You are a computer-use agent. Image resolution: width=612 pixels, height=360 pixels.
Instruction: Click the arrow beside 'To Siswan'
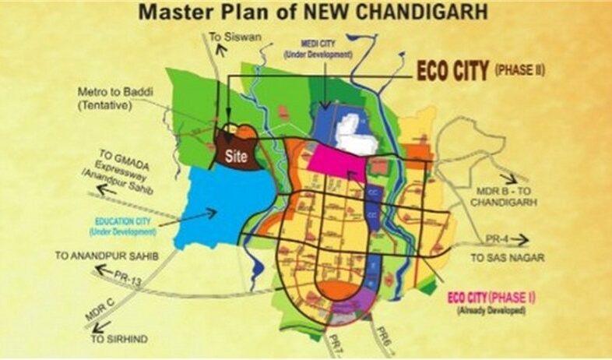(224, 50)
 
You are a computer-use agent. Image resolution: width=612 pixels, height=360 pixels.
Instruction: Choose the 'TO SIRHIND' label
(118, 340)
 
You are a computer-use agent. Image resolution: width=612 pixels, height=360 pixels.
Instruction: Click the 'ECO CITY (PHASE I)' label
(491, 298)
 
